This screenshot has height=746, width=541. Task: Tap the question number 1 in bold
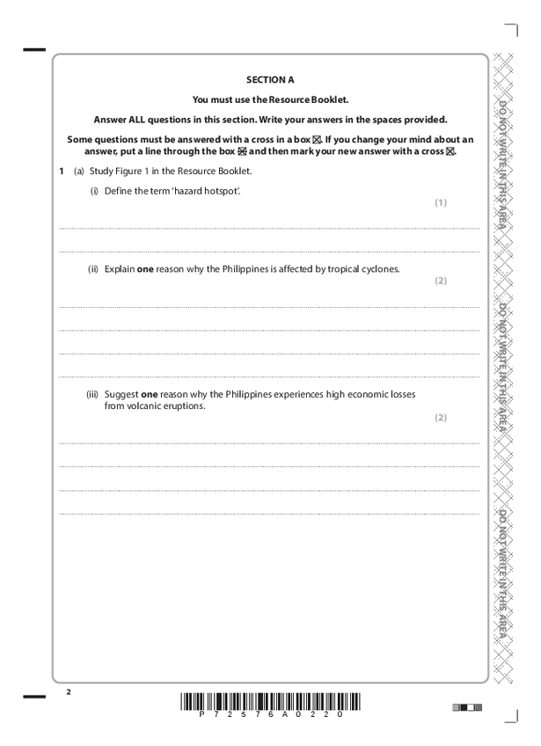tap(61, 171)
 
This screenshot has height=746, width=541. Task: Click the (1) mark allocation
tap(441, 202)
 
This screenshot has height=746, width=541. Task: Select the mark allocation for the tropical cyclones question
tap(441, 281)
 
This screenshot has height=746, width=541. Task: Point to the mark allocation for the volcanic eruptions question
tap(441, 417)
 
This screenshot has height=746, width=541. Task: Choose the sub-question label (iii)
tap(92, 394)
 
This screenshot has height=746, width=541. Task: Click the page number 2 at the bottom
tap(69, 693)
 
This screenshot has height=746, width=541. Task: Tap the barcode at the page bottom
tap(270, 702)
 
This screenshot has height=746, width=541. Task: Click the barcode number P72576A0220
tap(270, 716)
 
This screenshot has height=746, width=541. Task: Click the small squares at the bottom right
tap(463, 706)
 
